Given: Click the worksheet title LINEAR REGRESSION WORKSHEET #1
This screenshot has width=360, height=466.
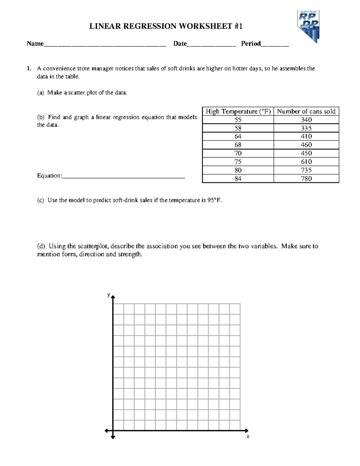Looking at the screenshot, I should [166, 26].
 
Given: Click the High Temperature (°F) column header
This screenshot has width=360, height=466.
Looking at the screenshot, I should [238, 111].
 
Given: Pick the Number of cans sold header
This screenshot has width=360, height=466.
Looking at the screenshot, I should [306, 111].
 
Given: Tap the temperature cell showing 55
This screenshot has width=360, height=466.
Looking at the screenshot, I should [238, 120].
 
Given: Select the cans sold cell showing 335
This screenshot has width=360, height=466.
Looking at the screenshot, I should [306, 128].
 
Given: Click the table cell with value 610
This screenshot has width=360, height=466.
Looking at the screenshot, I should [306, 162].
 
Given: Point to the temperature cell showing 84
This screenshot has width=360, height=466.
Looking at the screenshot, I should [238, 179].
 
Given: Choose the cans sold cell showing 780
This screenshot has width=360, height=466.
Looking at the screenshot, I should [306, 179].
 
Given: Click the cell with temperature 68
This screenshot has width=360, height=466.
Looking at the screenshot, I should [238, 145].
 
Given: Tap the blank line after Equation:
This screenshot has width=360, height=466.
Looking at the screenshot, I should [124, 177].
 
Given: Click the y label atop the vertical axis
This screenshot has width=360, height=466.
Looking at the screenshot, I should [109, 295].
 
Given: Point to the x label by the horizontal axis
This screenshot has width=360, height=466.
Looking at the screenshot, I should [248, 437].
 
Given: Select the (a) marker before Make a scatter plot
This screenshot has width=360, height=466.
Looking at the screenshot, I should [40, 93].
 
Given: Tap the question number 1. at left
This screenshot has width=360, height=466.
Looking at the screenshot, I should [29, 68].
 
